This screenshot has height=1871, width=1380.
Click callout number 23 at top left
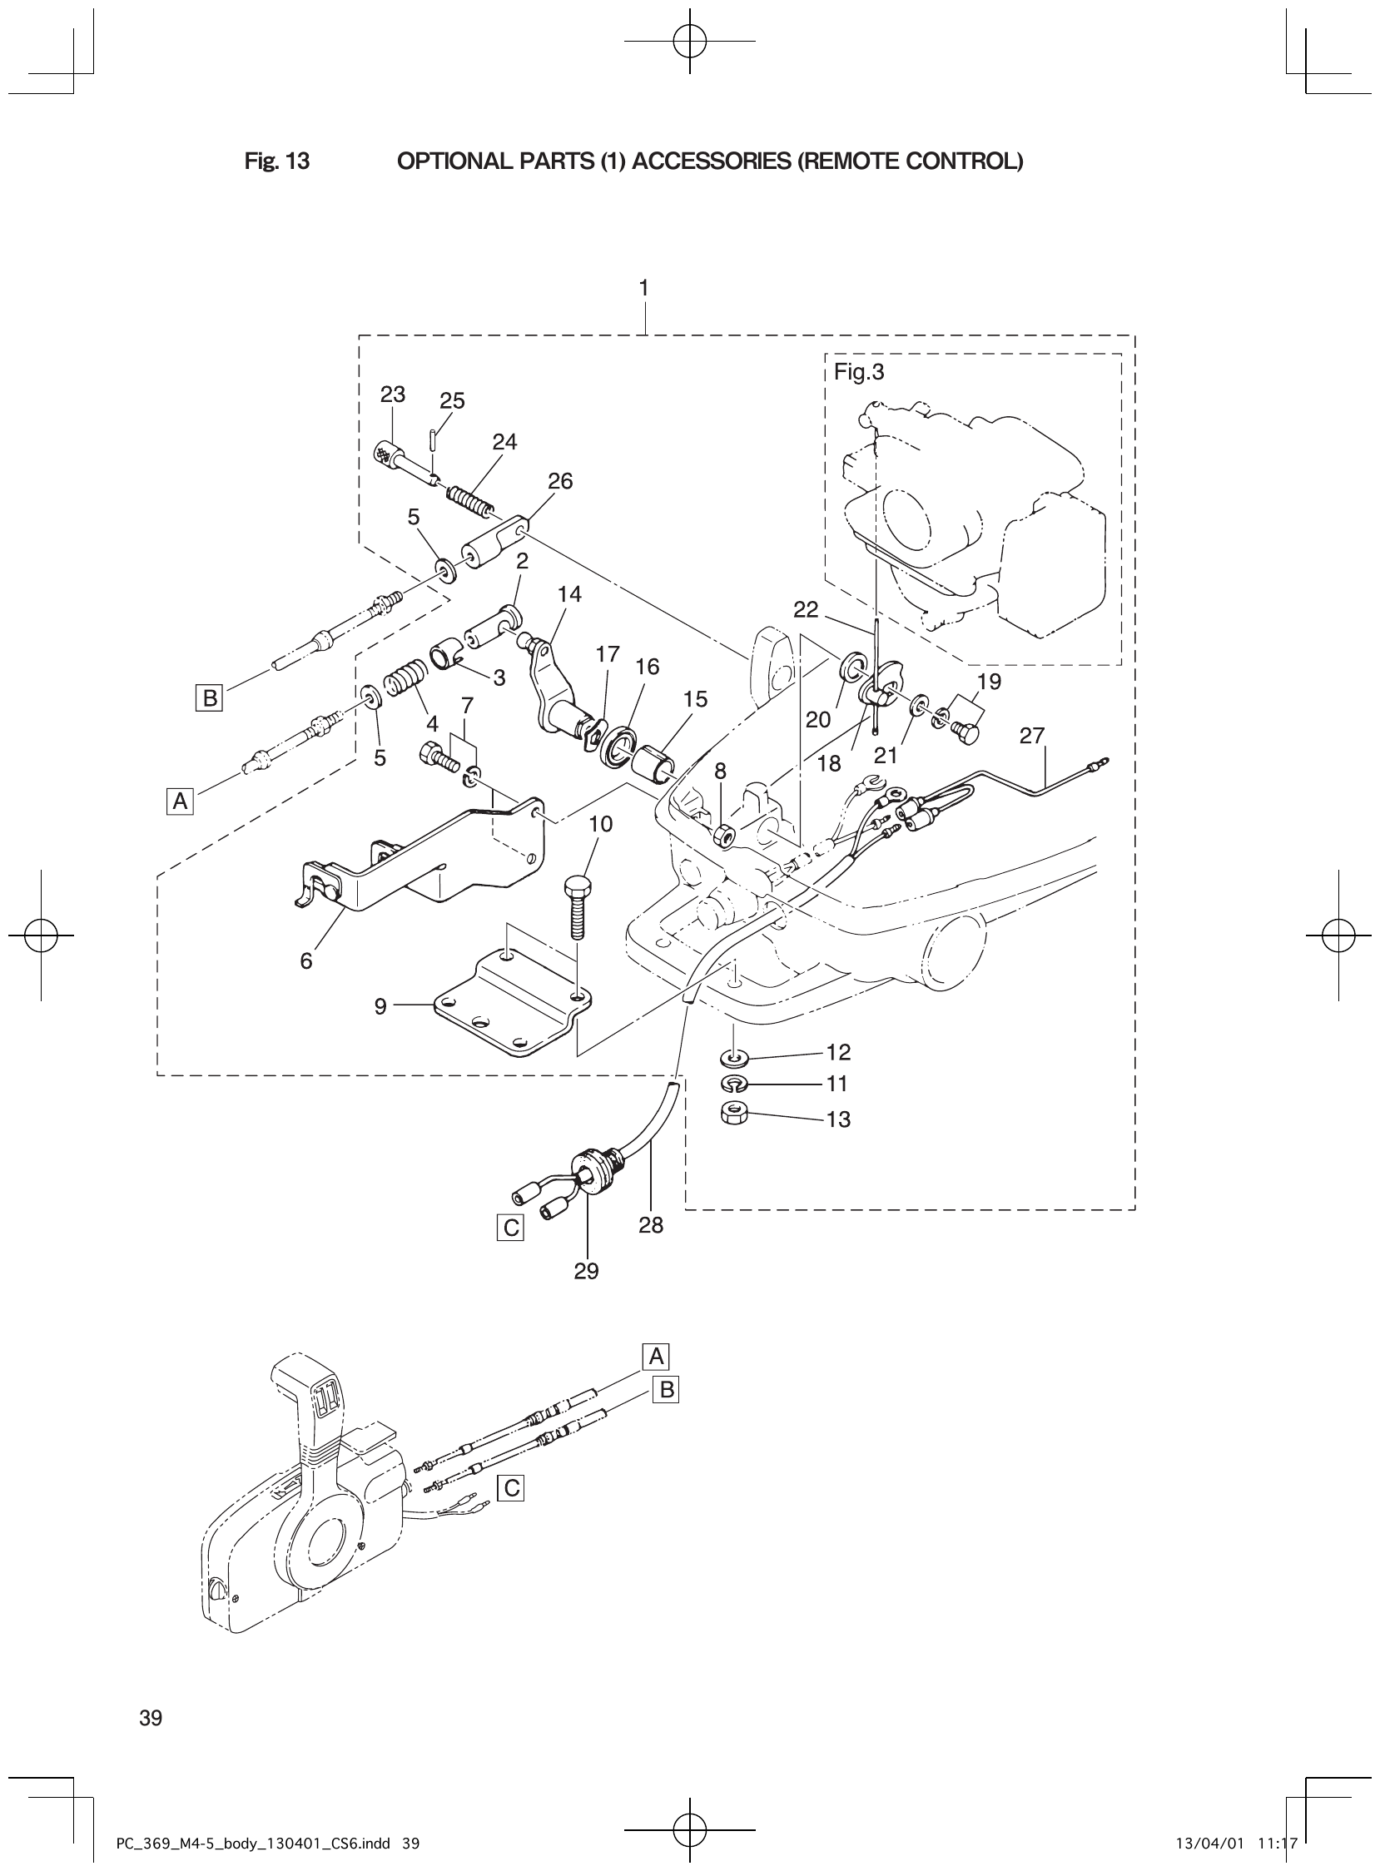point(393,395)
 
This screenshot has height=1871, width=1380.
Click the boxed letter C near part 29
point(509,1228)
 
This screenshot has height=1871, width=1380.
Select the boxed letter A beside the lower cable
point(180,802)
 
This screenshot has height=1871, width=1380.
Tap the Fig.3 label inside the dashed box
point(859,373)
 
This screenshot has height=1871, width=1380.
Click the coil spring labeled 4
point(407,676)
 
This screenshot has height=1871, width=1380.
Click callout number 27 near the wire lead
point(1032,735)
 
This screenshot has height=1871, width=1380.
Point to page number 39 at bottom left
point(151,1717)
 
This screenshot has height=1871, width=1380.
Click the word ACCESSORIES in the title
point(710,161)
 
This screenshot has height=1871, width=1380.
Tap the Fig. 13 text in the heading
point(277,161)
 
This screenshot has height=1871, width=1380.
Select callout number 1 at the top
point(643,288)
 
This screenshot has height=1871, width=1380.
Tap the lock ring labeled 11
point(732,1084)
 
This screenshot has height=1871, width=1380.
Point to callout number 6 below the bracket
point(306,961)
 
